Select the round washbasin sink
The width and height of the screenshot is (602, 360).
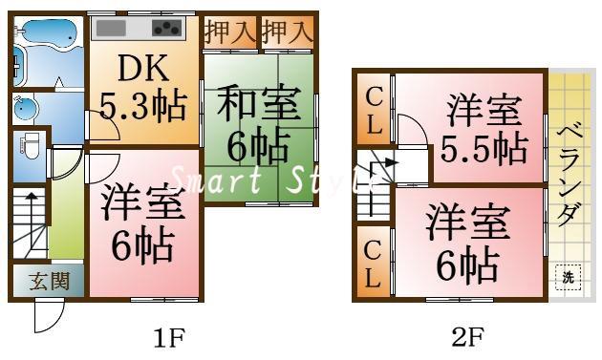coord(27,108)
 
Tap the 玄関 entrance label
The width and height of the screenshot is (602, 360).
coord(47,283)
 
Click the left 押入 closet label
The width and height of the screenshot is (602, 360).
coord(229,31)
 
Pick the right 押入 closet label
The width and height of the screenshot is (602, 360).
coord(288,31)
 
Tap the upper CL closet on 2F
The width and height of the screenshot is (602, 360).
coord(375,110)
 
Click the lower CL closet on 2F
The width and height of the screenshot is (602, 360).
coord(374,263)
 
